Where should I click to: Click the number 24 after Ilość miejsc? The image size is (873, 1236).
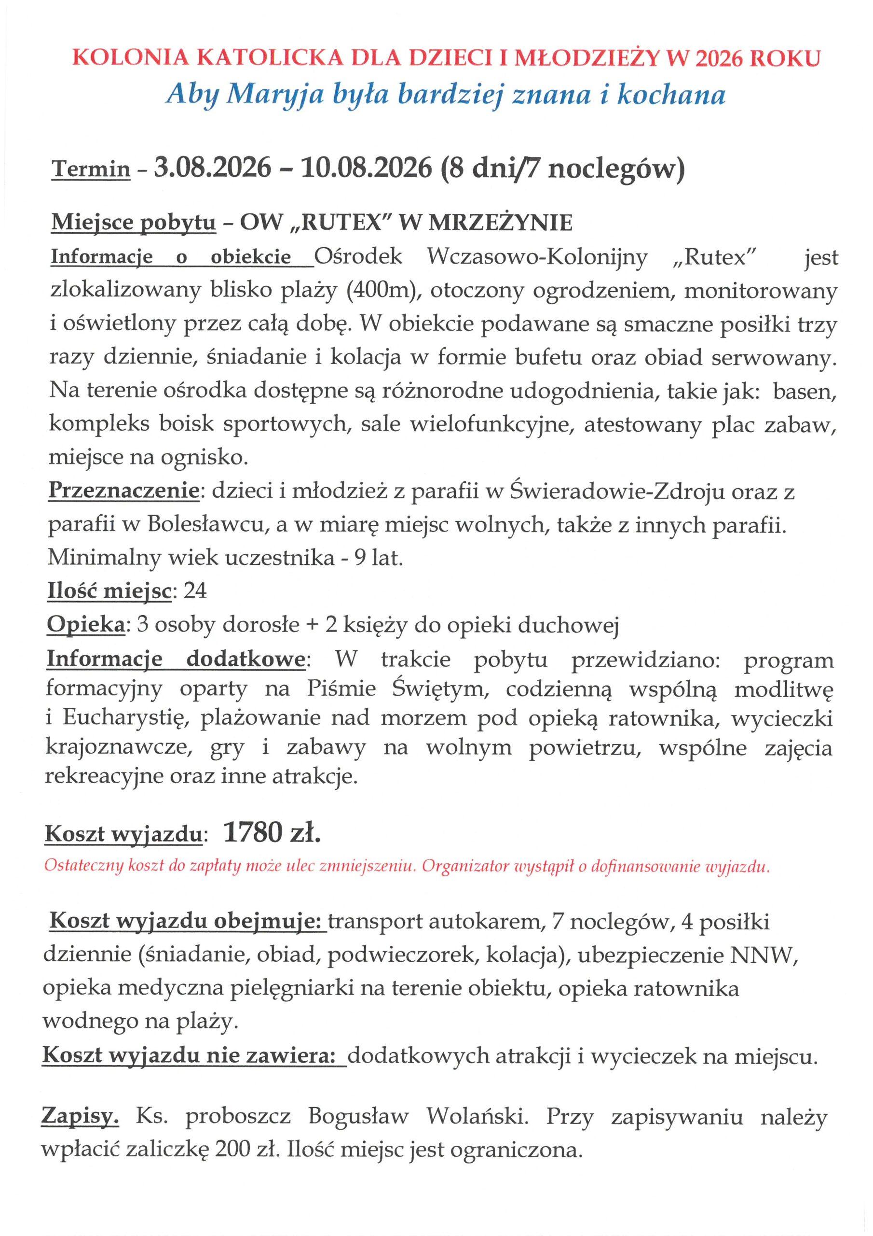[195, 591]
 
